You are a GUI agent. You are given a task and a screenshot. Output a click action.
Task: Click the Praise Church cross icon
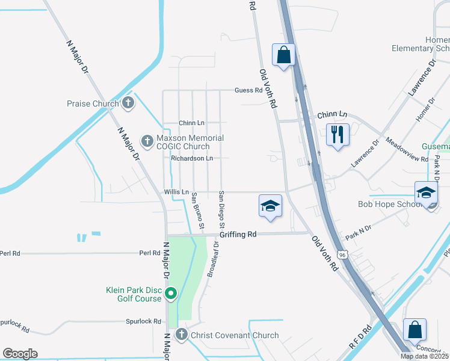(x=128, y=103)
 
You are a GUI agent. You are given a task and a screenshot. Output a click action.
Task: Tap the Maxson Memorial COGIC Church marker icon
(x=147, y=141)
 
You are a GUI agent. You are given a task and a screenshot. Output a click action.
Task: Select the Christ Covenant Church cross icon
(x=182, y=335)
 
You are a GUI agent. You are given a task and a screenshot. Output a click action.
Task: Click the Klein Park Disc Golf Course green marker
(x=171, y=294)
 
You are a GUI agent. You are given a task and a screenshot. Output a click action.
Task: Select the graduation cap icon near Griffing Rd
(x=270, y=206)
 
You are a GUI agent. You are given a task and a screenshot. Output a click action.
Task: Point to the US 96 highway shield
(x=342, y=255)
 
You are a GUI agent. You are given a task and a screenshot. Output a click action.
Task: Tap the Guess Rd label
(x=248, y=90)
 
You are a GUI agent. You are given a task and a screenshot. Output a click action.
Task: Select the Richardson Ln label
(x=192, y=158)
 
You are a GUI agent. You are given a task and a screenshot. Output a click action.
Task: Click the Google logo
(x=20, y=354)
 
